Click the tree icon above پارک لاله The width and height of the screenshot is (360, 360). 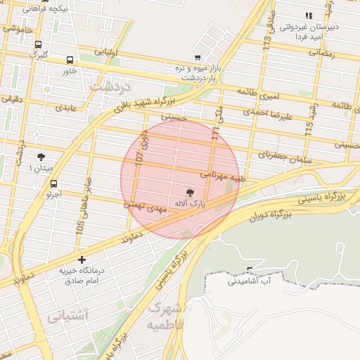pos(189,192)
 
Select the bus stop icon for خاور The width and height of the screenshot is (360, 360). pos(70,60)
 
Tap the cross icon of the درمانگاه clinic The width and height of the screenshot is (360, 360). pos(82,260)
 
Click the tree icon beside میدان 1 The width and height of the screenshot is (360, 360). pos(40,157)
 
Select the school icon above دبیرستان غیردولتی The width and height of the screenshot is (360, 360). pos(307,15)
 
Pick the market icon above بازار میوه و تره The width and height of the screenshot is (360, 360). pos(198,58)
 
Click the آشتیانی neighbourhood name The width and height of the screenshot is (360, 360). pos(68,316)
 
